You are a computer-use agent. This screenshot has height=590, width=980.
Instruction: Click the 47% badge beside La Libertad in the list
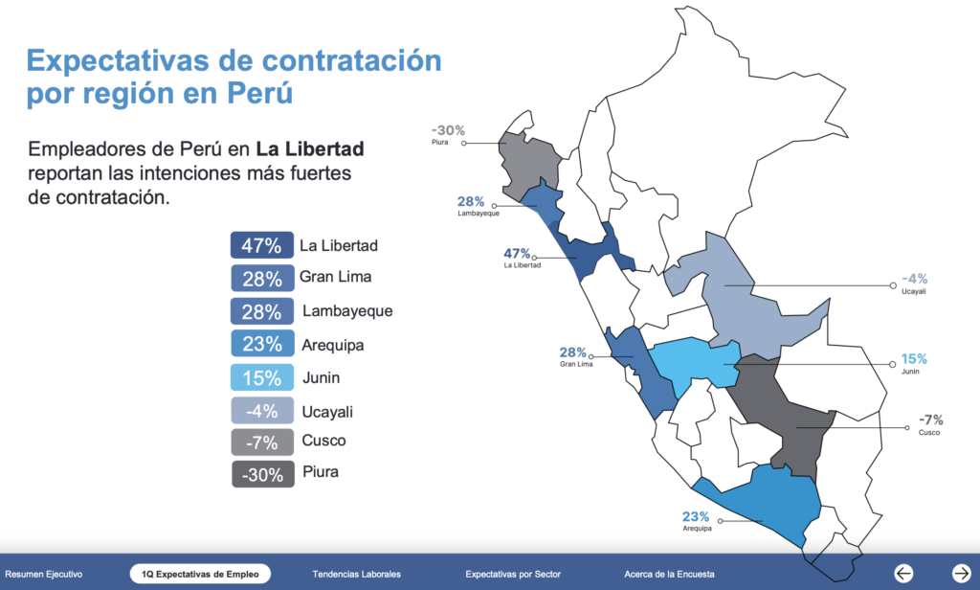[x=261, y=245]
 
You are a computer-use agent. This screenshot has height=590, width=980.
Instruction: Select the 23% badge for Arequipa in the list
[x=261, y=344]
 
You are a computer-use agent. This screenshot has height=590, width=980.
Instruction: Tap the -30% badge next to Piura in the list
[x=261, y=474]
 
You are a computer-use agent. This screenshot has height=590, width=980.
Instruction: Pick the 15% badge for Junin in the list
[x=261, y=377]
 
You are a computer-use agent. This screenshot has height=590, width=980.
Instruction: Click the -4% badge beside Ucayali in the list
[x=261, y=411]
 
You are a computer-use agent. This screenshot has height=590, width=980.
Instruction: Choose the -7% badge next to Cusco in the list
[x=261, y=442]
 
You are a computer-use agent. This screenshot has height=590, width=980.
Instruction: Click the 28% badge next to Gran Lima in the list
[x=261, y=279]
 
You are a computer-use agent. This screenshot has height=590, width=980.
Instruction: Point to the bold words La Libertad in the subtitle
[x=310, y=149]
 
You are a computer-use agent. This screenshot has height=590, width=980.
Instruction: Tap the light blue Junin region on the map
[x=689, y=364]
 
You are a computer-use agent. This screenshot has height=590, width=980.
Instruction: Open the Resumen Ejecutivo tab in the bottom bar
[x=44, y=574]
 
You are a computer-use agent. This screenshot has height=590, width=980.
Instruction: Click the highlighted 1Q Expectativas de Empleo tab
[x=200, y=574]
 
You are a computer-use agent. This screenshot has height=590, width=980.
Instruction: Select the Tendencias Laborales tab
[x=356, y=574]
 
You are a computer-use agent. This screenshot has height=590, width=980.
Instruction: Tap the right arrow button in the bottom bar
[x=962, y=573]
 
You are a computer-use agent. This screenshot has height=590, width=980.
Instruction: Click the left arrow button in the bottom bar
[x=903, y=573]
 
